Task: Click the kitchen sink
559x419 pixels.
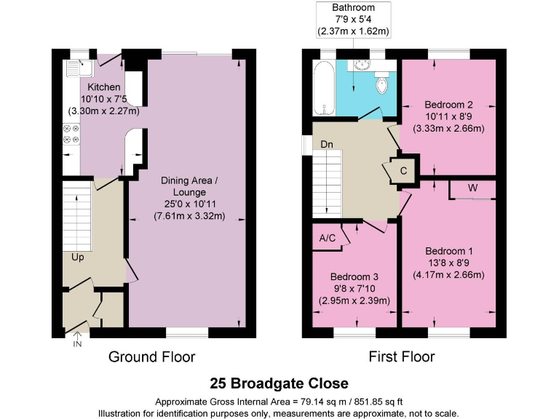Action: pyautogui.click(x=76, y=69)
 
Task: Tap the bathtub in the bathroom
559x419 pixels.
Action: pyautogui.click(x=323, y=88)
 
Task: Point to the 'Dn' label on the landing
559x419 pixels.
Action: pyautogui.click(x=327, y=145)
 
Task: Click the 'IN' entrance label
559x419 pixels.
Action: pyautogui.click(x=78, y=343)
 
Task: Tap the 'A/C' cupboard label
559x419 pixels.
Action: pyautogui.click(x=327, y=238)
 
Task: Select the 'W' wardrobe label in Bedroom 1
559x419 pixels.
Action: pyautogui.click(x=472, y=188)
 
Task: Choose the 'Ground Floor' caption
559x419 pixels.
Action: pyautogui.click(x=151, y=356)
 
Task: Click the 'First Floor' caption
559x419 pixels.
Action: pyautogui.click(x=403, y=356)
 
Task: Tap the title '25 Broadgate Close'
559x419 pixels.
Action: pyautogui.click(x=279, y=383)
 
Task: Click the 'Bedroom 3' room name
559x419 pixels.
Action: pyautogui.click(x=354, y=277)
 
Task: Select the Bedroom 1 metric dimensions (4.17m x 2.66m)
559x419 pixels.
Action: pyautogui.click(x=448, y=275)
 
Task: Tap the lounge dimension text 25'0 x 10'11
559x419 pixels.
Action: pyautogui.click(x=189, y=204)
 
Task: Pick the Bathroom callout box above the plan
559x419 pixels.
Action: pyautogui.click(x=353, y=20)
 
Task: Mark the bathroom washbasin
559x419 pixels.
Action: pyautogui.click(x=359, y=65)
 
